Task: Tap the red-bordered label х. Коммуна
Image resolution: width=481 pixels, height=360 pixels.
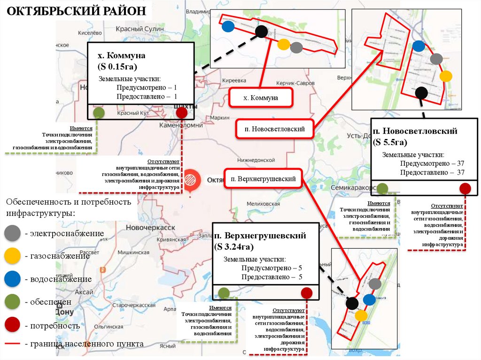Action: pyautogui.click(x=261, y=98)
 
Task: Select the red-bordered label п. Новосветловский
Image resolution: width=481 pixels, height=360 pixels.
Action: pyautogui.click(x=275, y=129)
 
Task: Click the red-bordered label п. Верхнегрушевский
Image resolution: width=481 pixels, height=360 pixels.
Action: pyautogui.click(x=263, y=179)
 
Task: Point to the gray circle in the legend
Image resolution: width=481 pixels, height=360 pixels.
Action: pyautogui.click(x=12, y=233)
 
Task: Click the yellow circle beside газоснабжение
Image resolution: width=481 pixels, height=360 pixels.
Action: pyautogui.click(x=12, y=256)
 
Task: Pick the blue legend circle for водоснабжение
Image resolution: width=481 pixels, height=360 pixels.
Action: pyautogui.click(x=12, y=279)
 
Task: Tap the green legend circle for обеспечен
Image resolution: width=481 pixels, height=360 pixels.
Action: pyautogui.click(x=12, y=302)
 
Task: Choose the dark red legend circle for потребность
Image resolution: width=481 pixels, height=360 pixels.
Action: pyautogui.click(x=12, y=325)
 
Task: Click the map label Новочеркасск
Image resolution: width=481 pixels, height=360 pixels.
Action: pyautogui.click(x=150, y=227)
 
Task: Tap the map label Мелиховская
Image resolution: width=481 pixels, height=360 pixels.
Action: pyautogui.click(x=263, y=204)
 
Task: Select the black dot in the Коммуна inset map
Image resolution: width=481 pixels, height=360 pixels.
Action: pyautogui.click(x=262, y=31)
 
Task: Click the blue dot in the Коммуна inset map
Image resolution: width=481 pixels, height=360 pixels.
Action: pyautogui.click(x=228, y=26)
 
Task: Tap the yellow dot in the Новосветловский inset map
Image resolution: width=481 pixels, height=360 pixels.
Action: pyautogui.click(x=446, y=76)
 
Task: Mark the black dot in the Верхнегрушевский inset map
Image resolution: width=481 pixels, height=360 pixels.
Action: pyautogui.click(x=351, y=303)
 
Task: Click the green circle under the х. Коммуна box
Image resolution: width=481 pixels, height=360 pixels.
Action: pyautogui.click(x=99, y=113)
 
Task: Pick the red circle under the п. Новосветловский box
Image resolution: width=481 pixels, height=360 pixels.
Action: pyautogui.click(x=465, y=189)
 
